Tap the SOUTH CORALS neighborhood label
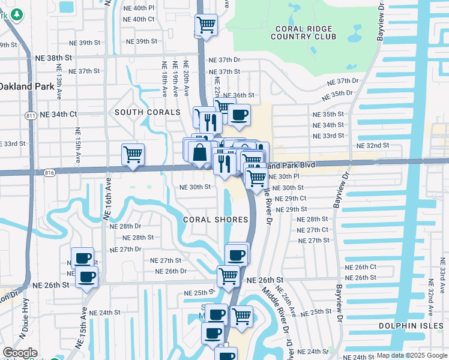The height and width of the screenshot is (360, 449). click(x=147, y=112)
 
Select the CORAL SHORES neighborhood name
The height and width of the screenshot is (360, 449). click(x=216, y=220)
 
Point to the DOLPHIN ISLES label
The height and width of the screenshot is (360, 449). click(x=406, y=326)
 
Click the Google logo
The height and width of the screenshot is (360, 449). click(x=20, y=353)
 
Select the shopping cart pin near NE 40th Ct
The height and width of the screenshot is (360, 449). click(x=206, y=25)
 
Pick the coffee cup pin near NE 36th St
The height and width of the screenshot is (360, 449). click(x=239, y=115)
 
